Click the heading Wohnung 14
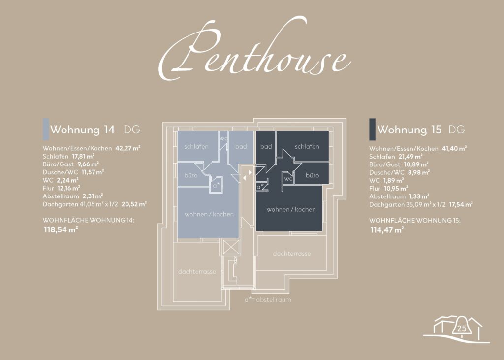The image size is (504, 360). click(x=82, y=130)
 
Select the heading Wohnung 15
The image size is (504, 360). click(x=409, y=130)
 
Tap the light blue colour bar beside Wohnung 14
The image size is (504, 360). click(x=46, y=129)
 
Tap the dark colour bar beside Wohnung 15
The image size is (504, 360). click(x=372, y=130)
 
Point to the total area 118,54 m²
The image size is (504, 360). click(x=61, y=229)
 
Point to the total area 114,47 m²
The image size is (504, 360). click(x=387, y=230)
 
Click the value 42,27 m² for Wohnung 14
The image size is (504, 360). click(x=128, y=148)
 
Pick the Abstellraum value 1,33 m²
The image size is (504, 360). click(x=419, y=196)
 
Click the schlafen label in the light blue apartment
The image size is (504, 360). click(x=196, y=146)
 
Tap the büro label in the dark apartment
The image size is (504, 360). click(x=312, y=175)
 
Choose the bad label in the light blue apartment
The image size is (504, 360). click(x=241, y=146)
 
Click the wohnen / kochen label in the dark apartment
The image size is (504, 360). click(x=291, y=209)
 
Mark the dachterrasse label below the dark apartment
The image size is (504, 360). click(x=292, y=254)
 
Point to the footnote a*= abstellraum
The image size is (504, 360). click(x=268, y=300)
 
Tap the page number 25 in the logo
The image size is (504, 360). click(x=462, y=328)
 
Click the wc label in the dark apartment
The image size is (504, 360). click(x=288, y=179)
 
